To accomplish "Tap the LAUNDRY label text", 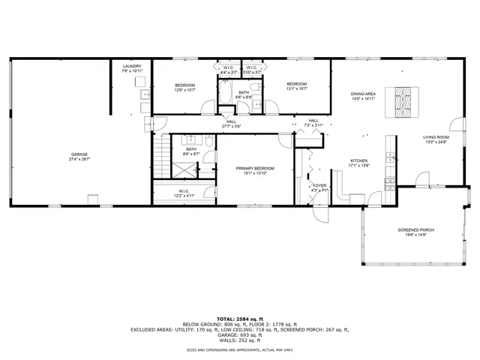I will pyautogui.click(x=132, y=67).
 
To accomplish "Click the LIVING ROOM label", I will pyautogui.click(x=435, y=137).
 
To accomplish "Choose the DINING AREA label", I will pyautogui.click(x=363, y=94).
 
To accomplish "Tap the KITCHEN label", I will pyautogui.click(x=359, y=161).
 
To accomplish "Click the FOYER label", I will pyautogui.click(x=320, y=185).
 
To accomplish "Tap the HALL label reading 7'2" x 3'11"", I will pyautogui.click(x=313, y=125).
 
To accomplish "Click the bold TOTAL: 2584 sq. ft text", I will pyautogui.click(x=239, y=319).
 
